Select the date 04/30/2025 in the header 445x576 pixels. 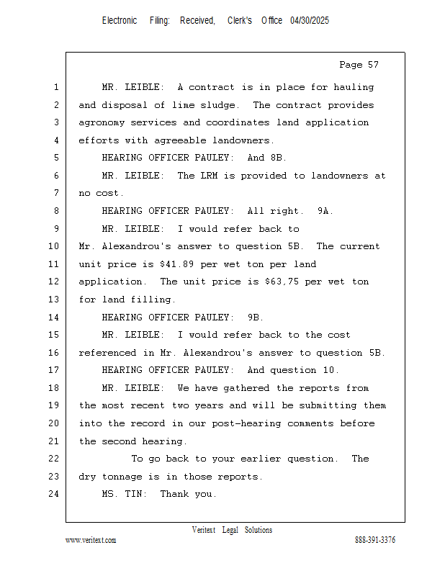310,21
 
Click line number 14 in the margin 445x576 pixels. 55,318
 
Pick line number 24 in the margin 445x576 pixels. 55,494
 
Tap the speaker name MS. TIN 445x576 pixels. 125,494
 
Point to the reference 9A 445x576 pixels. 325,211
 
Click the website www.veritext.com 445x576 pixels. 91,540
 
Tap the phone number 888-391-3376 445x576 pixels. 375,540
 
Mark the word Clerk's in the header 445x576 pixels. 240,21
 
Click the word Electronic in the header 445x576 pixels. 120,21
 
